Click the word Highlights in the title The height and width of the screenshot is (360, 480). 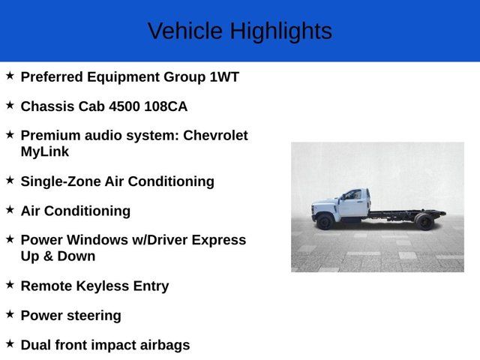click(280, 31)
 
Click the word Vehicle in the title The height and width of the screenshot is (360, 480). click(185, 31)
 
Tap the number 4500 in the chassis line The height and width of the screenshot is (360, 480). click(124, 106)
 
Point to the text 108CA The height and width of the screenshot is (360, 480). click(166, 106)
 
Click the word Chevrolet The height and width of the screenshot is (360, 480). click(215, 136)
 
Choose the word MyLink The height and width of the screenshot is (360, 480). click(45, 151)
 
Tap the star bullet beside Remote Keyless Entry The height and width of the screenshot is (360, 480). click(10, 284)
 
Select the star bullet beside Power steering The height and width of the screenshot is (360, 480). click(10, 314)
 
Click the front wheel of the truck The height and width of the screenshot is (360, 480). click(325, 221)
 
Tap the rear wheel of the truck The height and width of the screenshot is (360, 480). click(424, 221)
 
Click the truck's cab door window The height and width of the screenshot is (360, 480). click(352, 196)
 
